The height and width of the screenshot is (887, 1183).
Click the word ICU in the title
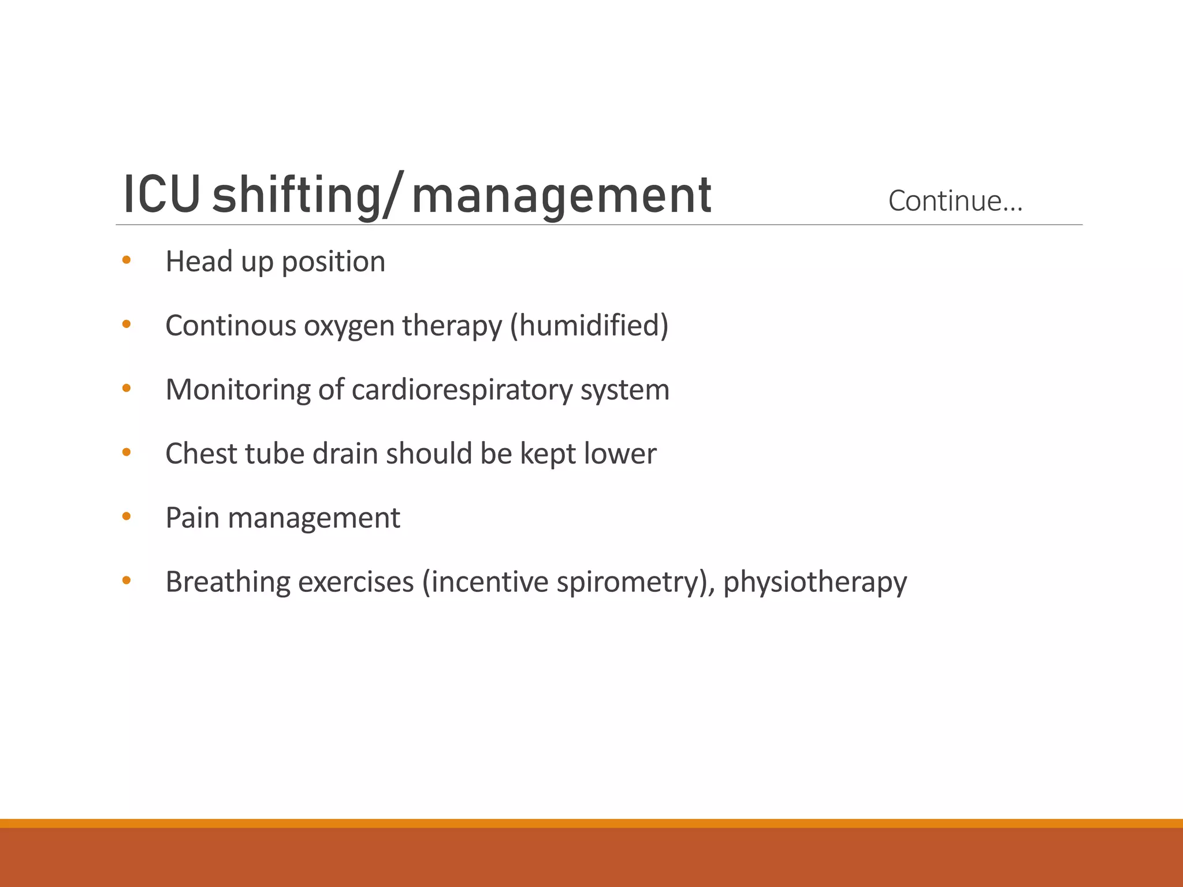pyautogui.click(x=162, y=195)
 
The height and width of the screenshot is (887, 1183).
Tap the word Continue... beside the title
pyautogui.click(x=955, y=201)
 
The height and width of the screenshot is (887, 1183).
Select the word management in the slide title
pyautogui.click(x=561, y=196)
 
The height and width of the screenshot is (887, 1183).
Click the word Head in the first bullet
pyautogui.click(x=199, y=261)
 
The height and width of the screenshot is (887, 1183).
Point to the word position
pyautogui.click(x=333, y=262)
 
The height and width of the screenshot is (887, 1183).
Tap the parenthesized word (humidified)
pyautogui.click(x=589, y=325)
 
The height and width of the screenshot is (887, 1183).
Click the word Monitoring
pyautogui.click(x=238, y=390)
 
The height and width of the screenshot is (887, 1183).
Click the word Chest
pyautogui.click(x=202, y=453)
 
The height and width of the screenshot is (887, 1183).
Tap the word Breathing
pyautogui.click(x=228, y=582)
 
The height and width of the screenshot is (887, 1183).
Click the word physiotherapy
pyautogui.click(x=815, y=582)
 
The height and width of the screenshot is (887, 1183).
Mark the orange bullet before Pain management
pyautogui.click(x=127, y=516)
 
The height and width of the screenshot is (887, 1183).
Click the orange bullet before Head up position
pyautogui.click(x=127, y=260)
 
